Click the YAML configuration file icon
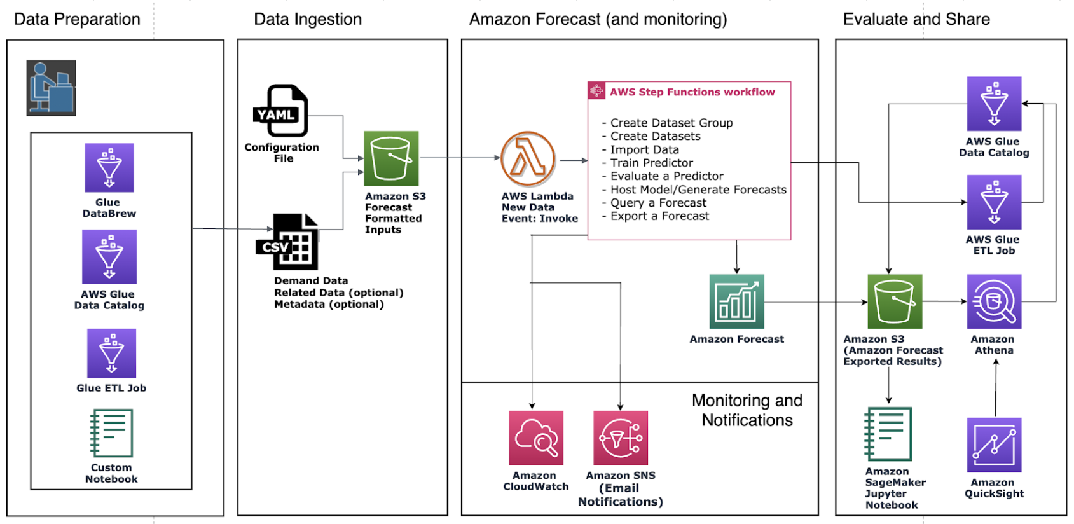coord(281,111)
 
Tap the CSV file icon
coord(287,242)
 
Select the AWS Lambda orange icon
coord(528,159)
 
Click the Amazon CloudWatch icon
coord(535,438)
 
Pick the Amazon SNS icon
coord(621,438)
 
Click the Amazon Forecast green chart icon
coord(736,301)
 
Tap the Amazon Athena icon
coord(994,301)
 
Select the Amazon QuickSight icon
coord(994,445)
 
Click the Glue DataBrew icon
coord(109,167)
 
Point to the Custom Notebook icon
coord(111,433)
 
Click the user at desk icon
coord(51,88)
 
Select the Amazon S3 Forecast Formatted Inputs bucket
coord(391,158)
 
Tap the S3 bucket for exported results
coord(894,301)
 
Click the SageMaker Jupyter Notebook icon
coord(888,434)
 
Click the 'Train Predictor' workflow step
coord(651,163)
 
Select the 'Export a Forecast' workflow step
coord(659,216)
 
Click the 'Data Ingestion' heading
coord(308,19)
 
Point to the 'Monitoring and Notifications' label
coord(747,410)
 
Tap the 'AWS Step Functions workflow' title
coord(692,92)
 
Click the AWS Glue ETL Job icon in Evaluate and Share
coord(994,202)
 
